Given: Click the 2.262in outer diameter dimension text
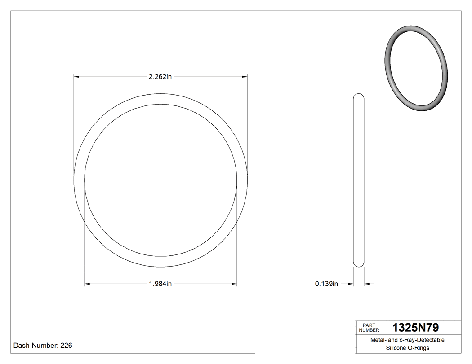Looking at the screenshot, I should pyautogui.click(x=160, y=77).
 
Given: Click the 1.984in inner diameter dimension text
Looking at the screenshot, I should pyautogui.click(x=160, y=284).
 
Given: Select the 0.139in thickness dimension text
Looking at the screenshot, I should pyautogui.click(x=326, y=284).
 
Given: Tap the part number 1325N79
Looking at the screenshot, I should pyautogui.click(x=415, y=327).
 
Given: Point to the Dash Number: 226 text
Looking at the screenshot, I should pyautogui.click(x=43, y=346).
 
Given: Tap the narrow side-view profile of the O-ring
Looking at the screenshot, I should pyautogui.click(x=359, y=180).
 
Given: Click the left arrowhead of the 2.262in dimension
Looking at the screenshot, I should pyautogui.click(x=77, y=77).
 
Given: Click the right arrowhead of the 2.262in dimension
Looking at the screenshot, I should pyautogui.click(x=245, y=77).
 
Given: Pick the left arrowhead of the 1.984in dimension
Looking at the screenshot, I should pyautogui.click(x=88, y=284).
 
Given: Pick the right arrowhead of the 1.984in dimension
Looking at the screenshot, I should pyautogui.click(x=234, y=284).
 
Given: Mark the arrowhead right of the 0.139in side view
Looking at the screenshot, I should pyautogui.click(x=366, y=284).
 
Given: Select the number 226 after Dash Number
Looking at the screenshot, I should pyautogui.click(x=66, y=346).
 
